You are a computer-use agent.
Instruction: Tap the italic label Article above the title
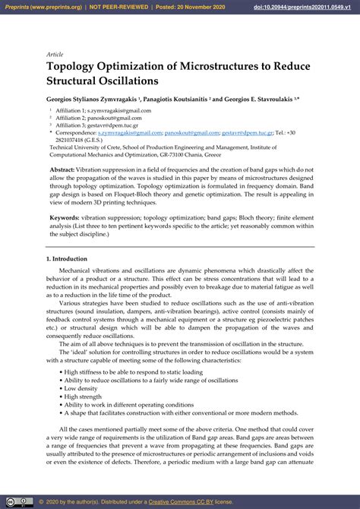click(55, 54)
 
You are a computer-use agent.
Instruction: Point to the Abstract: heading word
click(62, 169)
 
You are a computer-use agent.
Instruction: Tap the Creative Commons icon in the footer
click(13, 502)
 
